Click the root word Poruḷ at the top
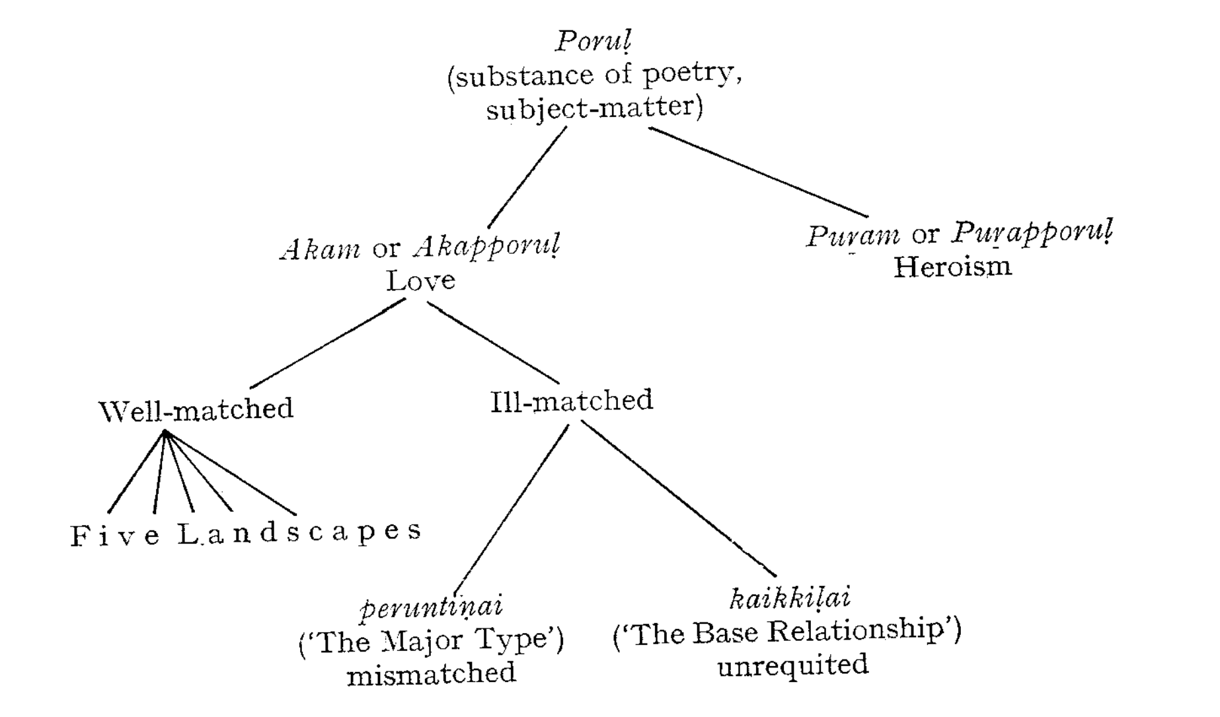pyautogui.click(x=593, y=41)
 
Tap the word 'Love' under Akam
pyautogui.click(x=421, y=281)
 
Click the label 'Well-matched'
pyautogui.click(x=196, y=409)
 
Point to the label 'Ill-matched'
pyautogui.click(x=572, y=401)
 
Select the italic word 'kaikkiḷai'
pyautogui.click(x=790, y=598)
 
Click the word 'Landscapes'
pyautogui.click(x=299, y=532)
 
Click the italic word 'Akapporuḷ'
pyautogui.click(x=487, y=248)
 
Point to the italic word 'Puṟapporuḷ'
pyautogui.click(x=1032, y=233)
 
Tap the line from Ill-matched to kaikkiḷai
pyautogui.click(x=677, y=497)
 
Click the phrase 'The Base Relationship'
pyautogui.click(x=787, y=632)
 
